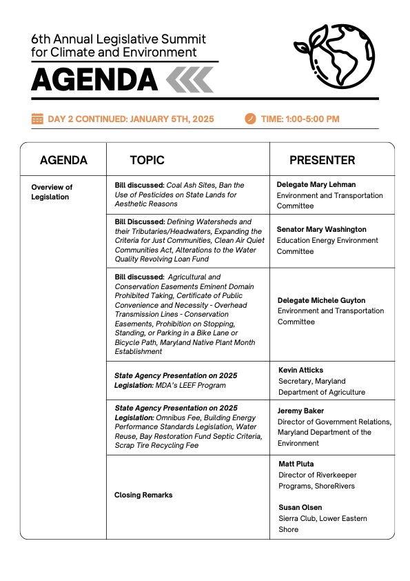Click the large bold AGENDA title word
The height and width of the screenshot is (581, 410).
94,81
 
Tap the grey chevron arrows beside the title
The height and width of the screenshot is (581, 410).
189,80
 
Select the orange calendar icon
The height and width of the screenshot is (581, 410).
37,119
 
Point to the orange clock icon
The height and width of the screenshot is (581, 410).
250,119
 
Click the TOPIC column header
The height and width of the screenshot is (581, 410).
147,160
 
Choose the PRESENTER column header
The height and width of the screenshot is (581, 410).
322,160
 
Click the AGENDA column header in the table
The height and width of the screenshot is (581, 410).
63,160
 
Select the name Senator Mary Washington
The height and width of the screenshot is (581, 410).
321,229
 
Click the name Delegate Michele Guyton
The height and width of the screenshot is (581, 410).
321,301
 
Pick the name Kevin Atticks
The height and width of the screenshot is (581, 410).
302,370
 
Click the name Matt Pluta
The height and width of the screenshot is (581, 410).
297,464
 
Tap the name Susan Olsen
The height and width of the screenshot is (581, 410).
300,507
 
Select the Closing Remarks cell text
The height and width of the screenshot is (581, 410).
143,495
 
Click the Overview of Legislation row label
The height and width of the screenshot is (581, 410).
52,192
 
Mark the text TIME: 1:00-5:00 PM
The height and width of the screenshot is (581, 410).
300,119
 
